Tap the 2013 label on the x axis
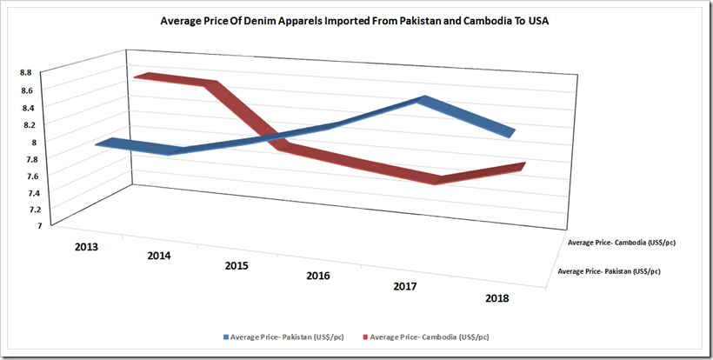[86, 246]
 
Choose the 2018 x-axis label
[496, 298]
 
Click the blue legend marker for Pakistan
[229, 336]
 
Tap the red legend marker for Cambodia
[366, 336]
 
